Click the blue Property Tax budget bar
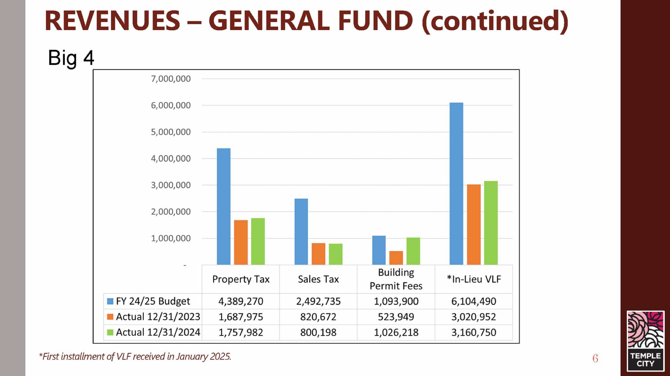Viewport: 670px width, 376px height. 223,206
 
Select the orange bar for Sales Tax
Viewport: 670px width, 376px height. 318,254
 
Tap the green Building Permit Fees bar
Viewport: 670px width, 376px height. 413,251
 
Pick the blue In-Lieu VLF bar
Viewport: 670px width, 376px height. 456,184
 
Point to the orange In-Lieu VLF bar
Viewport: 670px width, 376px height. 474,224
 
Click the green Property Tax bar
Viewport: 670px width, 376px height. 258,241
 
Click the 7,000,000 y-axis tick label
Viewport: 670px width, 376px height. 170,79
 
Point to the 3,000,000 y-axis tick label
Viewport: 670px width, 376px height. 170,185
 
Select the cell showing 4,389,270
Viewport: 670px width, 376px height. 241,301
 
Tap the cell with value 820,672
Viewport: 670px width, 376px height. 318,317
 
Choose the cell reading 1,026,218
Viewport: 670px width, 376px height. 396,333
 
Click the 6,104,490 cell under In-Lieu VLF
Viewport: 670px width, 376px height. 474,301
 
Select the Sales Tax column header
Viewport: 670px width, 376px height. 318,279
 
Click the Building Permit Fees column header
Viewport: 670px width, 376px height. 396,279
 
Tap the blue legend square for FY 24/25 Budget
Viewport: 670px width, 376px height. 110,301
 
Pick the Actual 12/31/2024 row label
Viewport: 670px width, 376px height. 158,333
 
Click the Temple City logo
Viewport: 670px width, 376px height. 645,341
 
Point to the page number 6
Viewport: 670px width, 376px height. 595,358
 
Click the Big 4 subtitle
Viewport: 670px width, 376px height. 71,58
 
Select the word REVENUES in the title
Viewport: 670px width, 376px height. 112,21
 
